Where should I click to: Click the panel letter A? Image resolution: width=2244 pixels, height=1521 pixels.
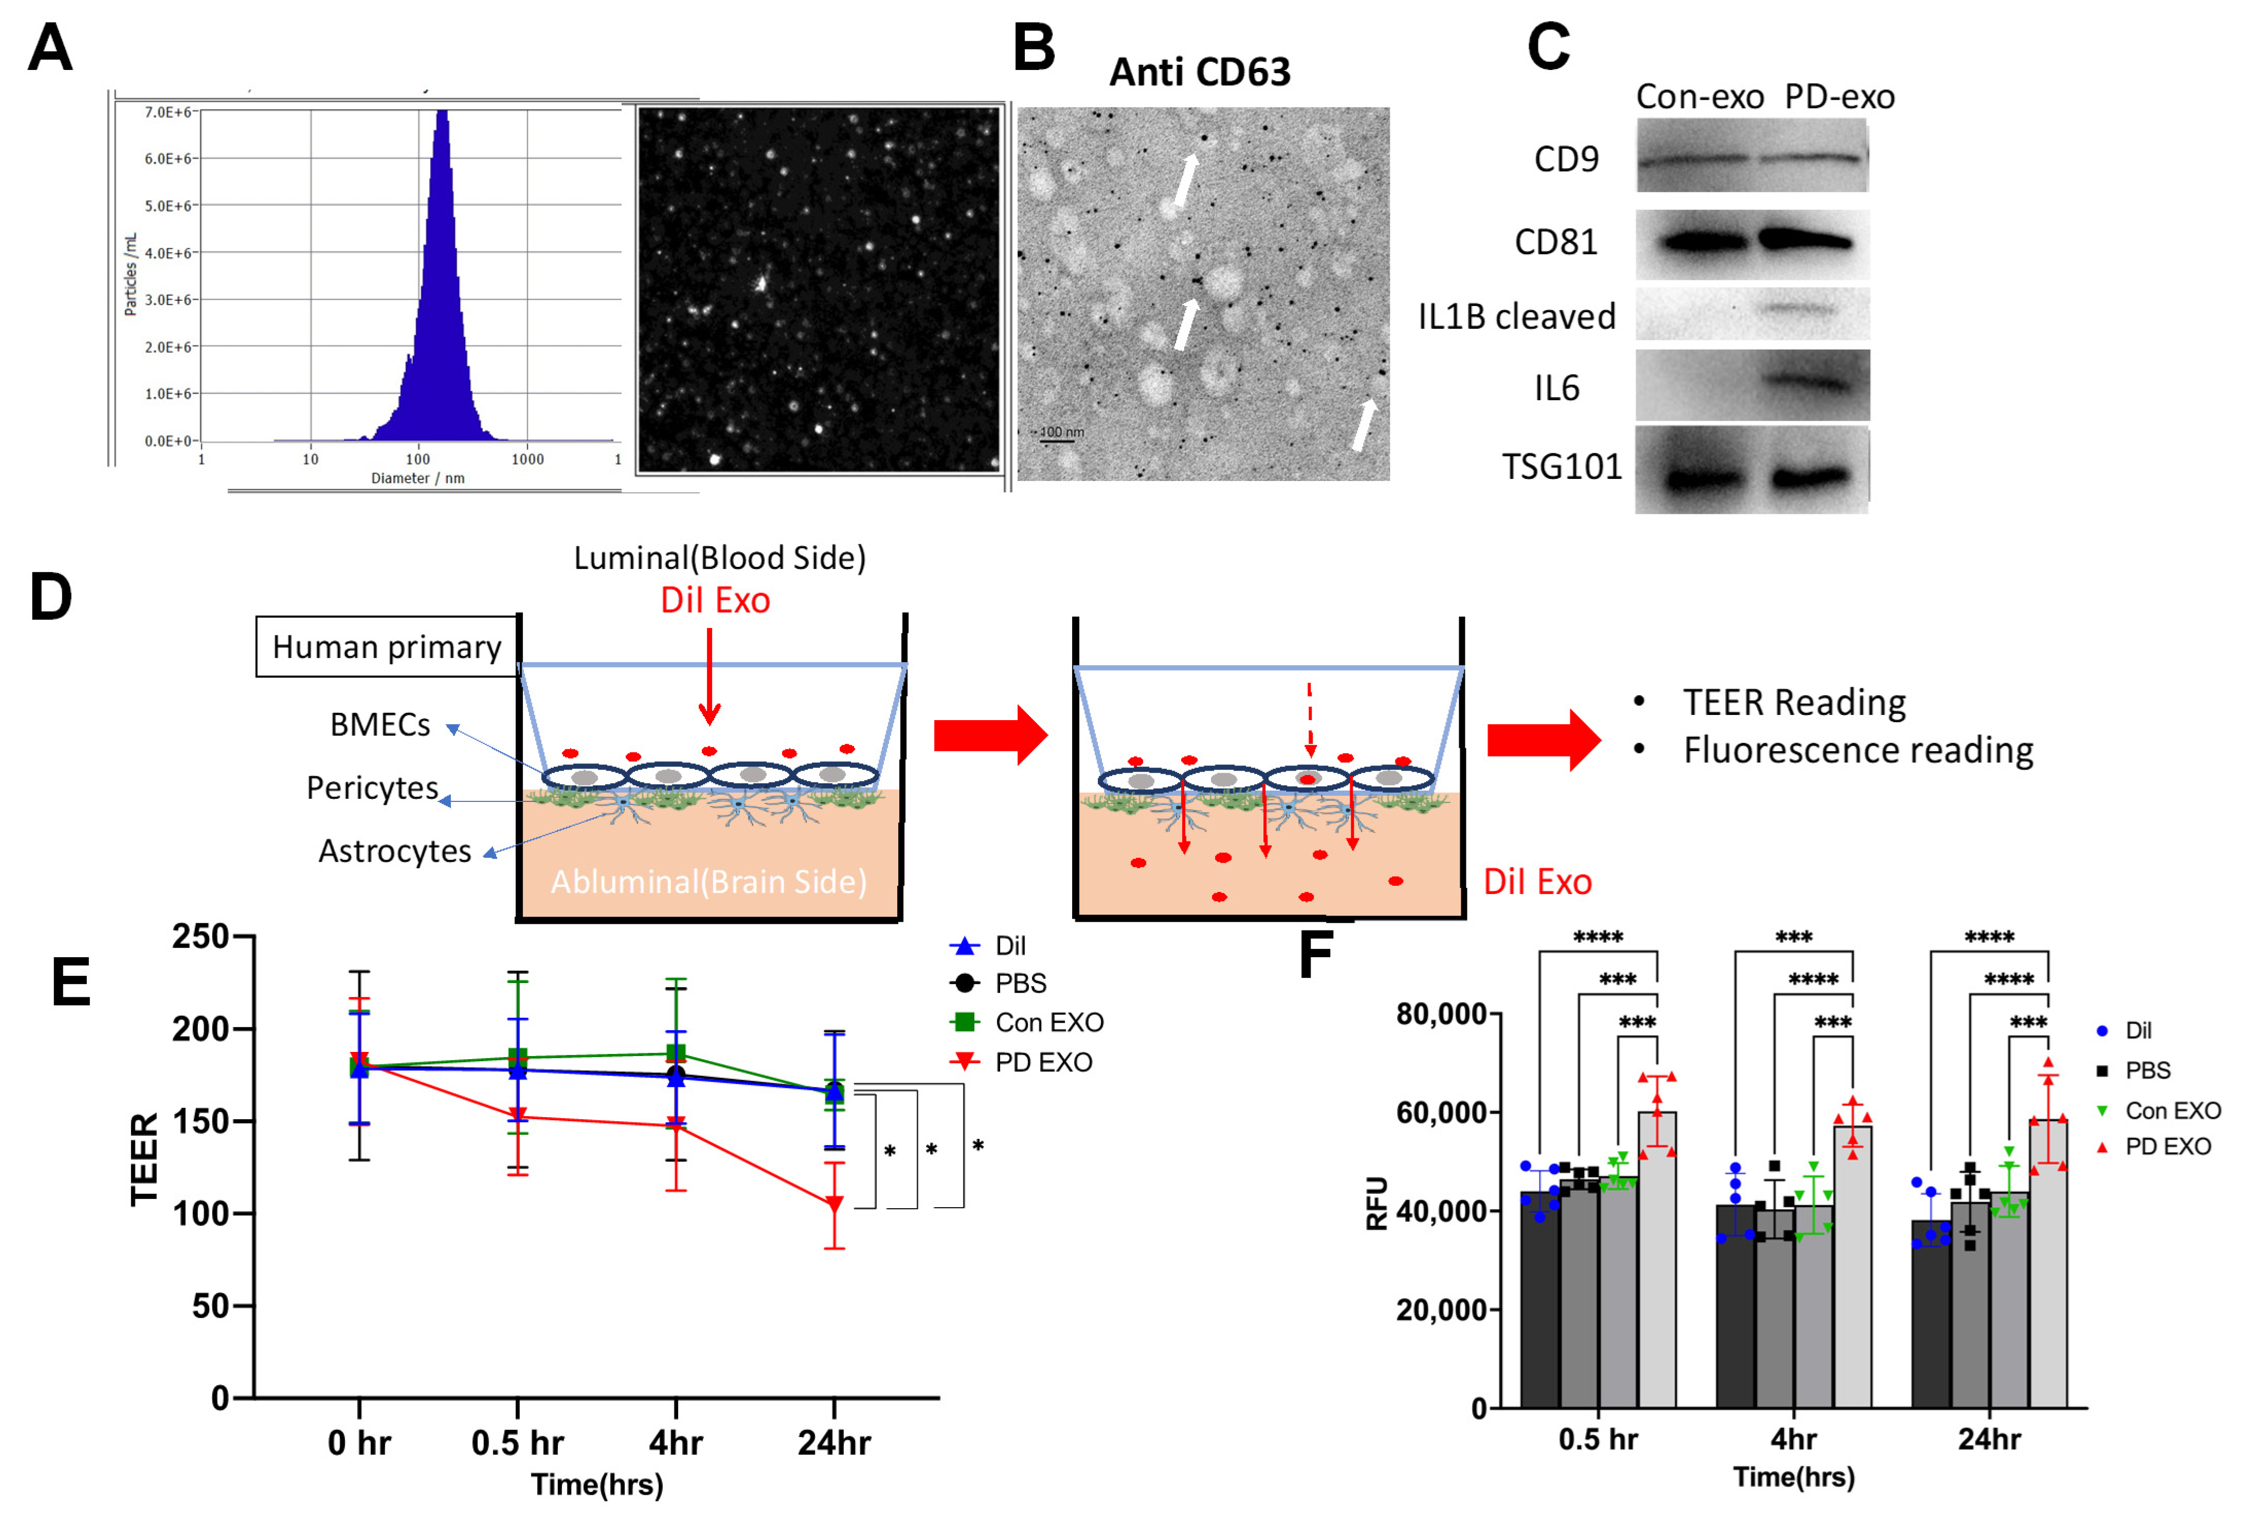pyautogui.click(x=50, y=48)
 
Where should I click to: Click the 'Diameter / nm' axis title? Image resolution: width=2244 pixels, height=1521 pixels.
pyautogui.click(x=417, y=478)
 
